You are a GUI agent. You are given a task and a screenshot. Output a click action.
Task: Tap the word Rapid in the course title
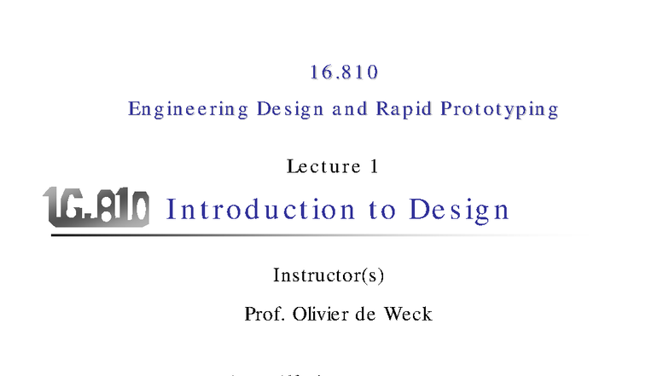(402, 110)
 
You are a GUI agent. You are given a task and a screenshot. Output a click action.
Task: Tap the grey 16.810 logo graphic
(96, 207)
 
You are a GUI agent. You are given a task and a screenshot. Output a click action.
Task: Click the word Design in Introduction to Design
(459, 210)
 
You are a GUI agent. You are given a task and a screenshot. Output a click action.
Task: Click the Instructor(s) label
(334, 275)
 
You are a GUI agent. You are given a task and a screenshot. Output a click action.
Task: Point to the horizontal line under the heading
(307, 234)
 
